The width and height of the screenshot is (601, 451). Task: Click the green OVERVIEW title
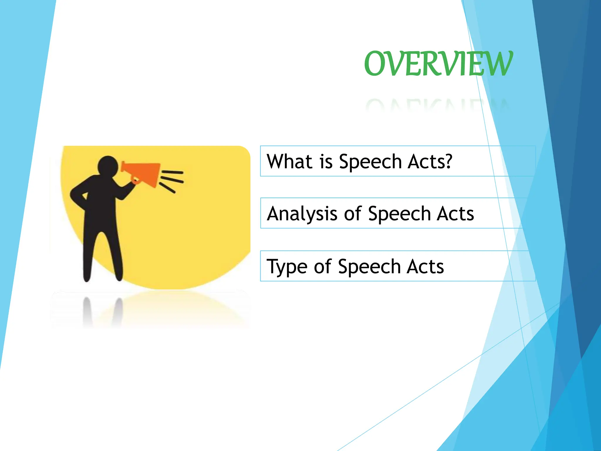point(438,63)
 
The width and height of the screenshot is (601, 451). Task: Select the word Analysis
point(302,213)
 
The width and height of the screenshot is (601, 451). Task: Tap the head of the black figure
point(108,166)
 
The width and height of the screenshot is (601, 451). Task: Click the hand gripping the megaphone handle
point(135,180)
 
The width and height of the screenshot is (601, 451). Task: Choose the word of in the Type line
point(323,266)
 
